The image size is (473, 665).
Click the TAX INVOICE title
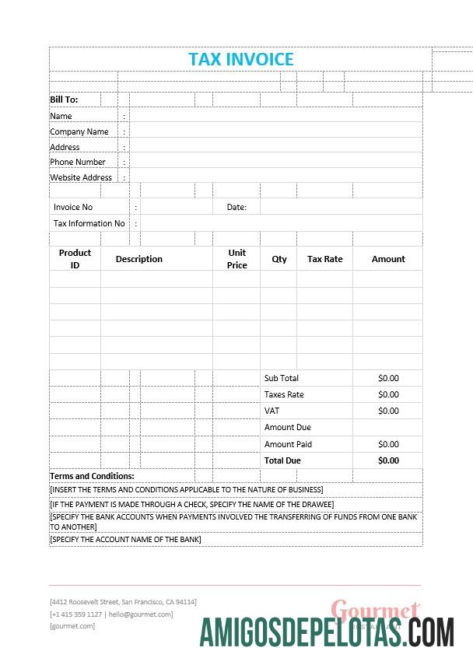click(x=241, y=59)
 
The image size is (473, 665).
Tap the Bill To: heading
click(x=64, y=100)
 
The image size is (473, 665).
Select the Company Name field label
click(x=79, y=131)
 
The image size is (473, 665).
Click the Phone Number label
click(x=78, y=162)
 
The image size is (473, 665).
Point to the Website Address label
click(x=81, y=177)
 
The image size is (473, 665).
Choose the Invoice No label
click(x=73, y=208)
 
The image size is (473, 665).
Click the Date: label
click(x=236, y=208)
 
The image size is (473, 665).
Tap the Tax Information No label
click(x=89, y=223)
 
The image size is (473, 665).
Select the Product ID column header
click(x=75, y=259)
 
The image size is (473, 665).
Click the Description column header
click(x=139, y=259)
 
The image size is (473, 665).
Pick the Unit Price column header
click(x=237, y=259)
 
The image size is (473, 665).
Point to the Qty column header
click(x=279, y=259)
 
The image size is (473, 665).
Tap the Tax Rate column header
click(x=324, y=259)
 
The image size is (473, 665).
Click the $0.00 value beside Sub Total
click(x=388, y=378)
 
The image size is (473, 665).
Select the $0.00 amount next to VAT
click(x=388, y=411)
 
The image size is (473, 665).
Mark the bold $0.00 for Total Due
click(x=388, y=460)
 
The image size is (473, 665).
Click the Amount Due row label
click(x=288, y=427)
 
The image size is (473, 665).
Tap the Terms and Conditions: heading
click(x=92, y=476)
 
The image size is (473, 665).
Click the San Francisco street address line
click(x=123, y=602)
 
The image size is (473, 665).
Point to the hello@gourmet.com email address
click(x=141, y=614)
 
